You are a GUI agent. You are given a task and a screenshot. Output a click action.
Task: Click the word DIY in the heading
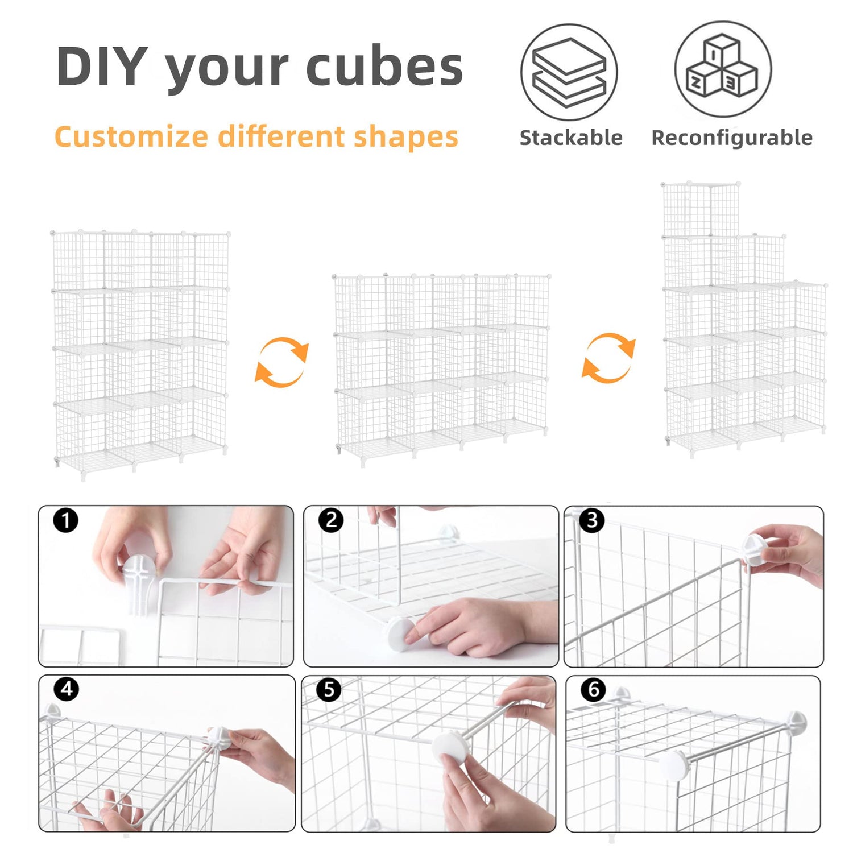102,67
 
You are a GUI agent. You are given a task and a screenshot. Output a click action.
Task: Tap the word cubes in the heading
384,67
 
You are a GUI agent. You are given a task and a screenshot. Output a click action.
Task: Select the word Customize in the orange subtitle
131,137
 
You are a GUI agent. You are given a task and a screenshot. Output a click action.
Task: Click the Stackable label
571,138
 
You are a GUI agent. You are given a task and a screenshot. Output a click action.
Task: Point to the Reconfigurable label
732,138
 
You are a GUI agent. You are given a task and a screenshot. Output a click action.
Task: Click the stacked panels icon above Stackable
569,72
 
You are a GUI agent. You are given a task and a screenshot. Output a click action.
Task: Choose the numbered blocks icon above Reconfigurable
723,69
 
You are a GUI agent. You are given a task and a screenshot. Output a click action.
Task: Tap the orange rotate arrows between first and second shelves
281,362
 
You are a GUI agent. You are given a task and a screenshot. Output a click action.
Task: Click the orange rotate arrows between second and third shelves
608,358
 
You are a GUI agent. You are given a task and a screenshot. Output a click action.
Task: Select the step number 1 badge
65,520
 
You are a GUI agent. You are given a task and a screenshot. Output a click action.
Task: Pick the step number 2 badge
331,520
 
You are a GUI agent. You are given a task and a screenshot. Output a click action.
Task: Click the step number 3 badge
592,520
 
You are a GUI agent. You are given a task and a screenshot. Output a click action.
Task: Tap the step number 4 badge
66,689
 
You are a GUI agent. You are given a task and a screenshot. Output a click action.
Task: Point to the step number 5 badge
329,689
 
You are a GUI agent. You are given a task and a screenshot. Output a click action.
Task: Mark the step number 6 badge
593,689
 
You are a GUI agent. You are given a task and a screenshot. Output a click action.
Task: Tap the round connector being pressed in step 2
400,635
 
